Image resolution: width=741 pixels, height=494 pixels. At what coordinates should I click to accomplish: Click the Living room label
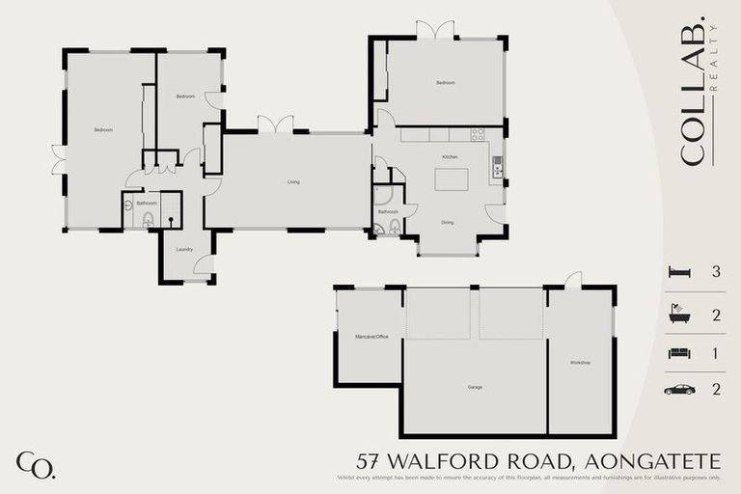coord(292,181)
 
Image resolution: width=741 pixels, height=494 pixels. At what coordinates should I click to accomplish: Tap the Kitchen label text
coord(449,156)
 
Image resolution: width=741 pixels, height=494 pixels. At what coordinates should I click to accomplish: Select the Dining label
coord(448,223)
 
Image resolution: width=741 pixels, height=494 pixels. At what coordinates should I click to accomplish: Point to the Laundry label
coord(184,249)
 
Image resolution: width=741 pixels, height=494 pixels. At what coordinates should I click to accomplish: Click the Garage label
coord(475,387)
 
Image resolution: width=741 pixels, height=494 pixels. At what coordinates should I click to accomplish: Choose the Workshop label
coord(580,362)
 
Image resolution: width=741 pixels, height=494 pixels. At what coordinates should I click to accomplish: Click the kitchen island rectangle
coord(451,179)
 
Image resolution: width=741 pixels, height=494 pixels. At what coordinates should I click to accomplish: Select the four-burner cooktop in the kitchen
coord(477,134)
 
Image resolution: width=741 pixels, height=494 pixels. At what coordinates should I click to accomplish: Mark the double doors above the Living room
coord(275,124)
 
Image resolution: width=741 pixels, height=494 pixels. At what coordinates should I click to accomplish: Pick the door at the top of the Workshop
coord(573,281)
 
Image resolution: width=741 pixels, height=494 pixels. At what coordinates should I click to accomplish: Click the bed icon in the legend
coord(679,272)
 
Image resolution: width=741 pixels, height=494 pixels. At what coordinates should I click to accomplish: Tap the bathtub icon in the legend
coord(679,314)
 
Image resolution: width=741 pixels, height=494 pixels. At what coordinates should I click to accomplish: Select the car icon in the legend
coord(679,390)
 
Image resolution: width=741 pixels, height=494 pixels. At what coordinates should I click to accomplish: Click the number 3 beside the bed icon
coord(716,272)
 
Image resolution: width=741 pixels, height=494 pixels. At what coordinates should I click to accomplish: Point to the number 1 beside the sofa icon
coord(716,353)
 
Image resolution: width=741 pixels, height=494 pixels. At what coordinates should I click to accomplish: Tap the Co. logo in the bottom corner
coord(36,464)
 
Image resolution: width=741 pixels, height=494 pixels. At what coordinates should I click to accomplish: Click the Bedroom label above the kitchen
coord(445,83)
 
